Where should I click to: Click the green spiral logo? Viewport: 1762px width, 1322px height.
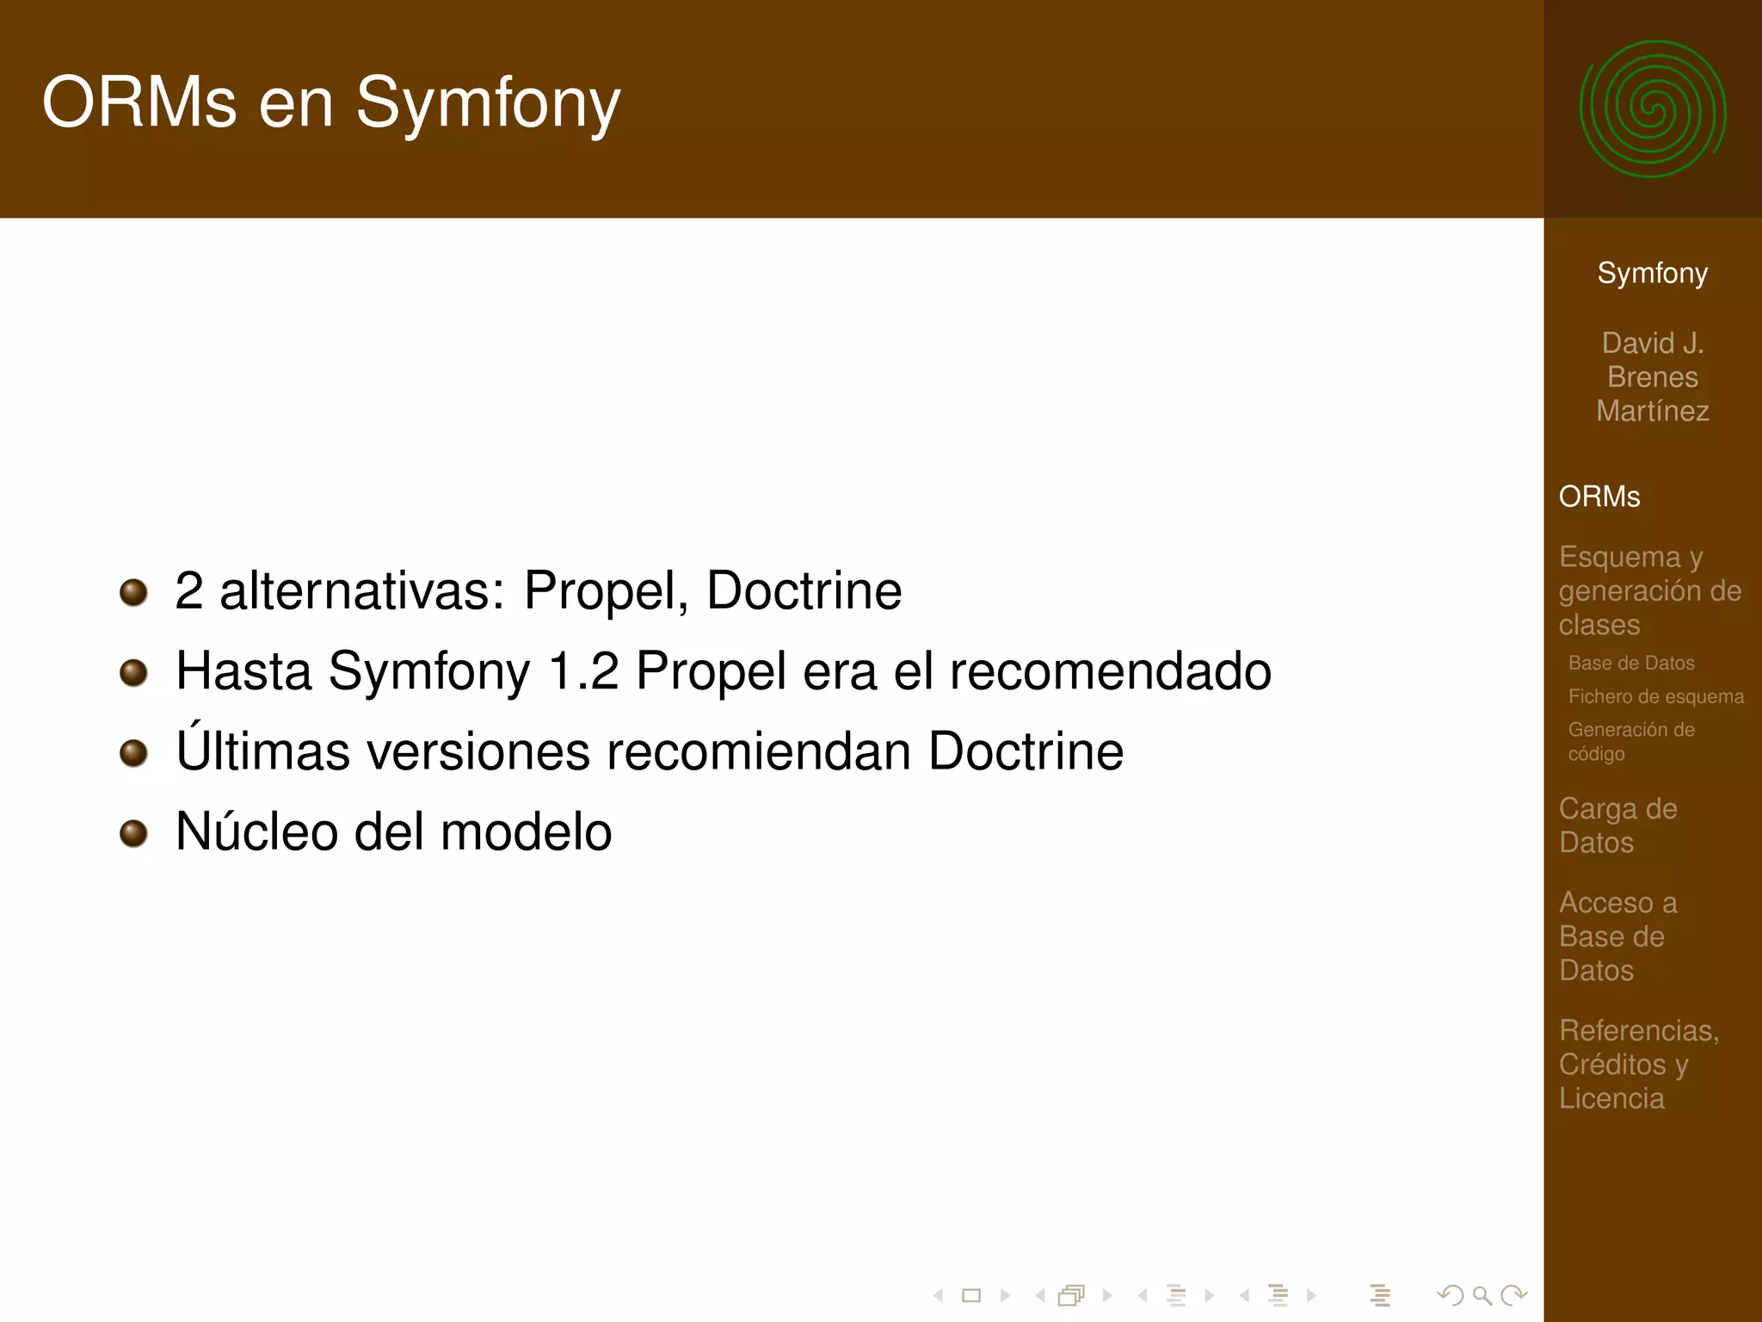[1652, 109]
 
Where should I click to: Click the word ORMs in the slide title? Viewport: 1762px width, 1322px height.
[139, 102]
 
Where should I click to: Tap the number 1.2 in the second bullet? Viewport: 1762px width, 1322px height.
[583, 671]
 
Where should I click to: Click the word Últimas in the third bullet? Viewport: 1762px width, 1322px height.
[262, 750]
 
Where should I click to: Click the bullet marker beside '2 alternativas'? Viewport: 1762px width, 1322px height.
[133, 592]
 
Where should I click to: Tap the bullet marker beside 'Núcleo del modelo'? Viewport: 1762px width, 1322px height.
[133, 832]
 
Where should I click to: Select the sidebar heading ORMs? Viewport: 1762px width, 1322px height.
[1599, 497]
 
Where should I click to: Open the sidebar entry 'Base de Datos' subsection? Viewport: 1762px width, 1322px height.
[1630, 663]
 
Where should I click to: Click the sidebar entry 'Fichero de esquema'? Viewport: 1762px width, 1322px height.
[1655, 696]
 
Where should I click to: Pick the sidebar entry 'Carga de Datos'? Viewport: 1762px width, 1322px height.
[1617, 825]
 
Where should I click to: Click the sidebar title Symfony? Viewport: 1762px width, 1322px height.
[1652, 273]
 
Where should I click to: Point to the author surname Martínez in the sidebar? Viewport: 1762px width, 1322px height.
[1652, 411]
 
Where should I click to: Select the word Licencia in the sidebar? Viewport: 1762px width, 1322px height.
[1611, 1098]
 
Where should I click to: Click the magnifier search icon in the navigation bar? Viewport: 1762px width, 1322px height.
[1482, 1294]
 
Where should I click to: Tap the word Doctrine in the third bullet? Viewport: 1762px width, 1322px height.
[1026, 751]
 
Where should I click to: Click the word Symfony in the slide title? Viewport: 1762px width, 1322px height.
[488, 104]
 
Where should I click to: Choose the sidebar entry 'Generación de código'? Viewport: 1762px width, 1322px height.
[1630, 741]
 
